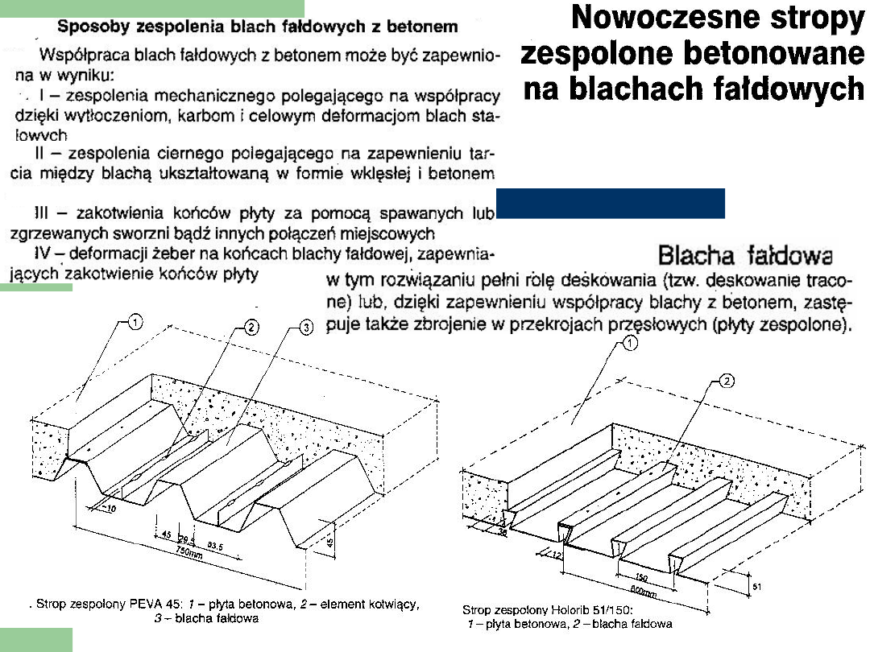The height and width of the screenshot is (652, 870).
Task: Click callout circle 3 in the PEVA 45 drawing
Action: coord(305,328)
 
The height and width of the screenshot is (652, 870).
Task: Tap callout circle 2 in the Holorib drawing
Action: coord(726,382)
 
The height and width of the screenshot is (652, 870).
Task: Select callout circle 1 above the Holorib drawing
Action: coord(630,344)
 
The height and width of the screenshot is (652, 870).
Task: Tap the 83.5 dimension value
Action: coord(215,545)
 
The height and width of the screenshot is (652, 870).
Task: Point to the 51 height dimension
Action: coord(756,587)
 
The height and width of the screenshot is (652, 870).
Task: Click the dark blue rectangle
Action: coord(610,204)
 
